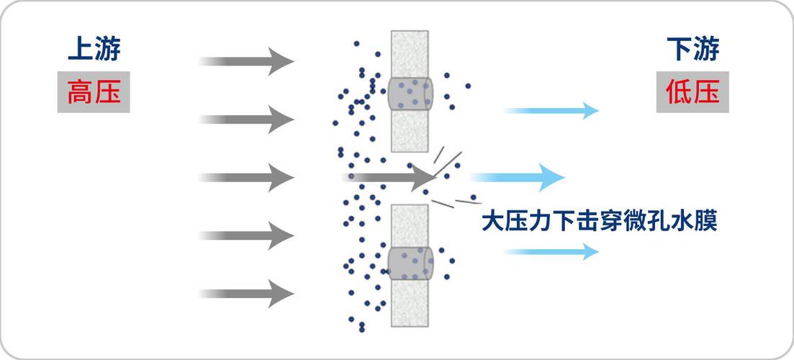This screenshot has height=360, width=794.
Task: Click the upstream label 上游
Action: (94, 50)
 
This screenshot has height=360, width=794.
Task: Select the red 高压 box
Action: (94, 93)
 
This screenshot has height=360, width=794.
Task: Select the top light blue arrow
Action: (551, 110)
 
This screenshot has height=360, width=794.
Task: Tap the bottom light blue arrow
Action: (551, 251)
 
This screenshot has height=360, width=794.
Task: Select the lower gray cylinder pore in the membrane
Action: (410, 263)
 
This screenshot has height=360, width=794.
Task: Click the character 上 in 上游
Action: (80, 50)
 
